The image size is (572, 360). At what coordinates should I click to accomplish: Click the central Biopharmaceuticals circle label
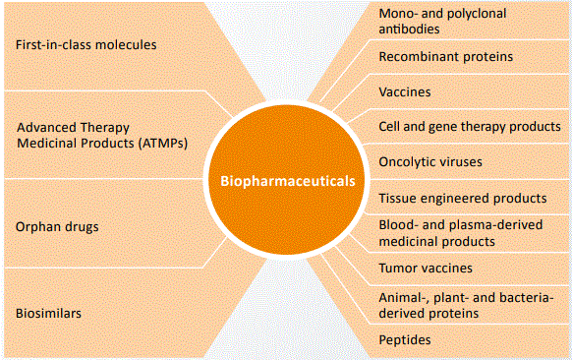coord(286,180)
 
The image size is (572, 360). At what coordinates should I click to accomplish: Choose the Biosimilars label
coord(46,314)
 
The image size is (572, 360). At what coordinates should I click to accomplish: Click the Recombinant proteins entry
coord(446,57)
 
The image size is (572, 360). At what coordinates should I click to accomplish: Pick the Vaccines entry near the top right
coord(405,91)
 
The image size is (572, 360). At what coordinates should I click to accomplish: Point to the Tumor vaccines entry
coord(426,268)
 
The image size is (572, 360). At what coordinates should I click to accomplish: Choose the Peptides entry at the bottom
coord(405,340)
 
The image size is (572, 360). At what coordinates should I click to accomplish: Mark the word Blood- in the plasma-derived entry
coord(398,224)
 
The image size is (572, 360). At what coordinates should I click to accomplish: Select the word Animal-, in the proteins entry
coord(403,296)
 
